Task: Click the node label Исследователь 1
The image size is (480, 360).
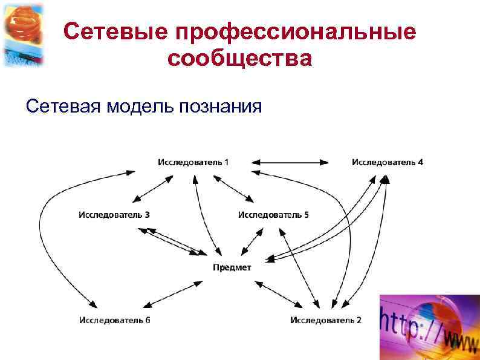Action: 193,162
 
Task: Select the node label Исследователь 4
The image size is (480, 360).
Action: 388,162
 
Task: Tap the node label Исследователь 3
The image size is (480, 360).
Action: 114,215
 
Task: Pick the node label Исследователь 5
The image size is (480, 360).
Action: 273,215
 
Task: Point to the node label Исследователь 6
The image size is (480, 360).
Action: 115,319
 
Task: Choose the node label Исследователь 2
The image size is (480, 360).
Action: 326,319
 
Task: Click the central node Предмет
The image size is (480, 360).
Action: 232,267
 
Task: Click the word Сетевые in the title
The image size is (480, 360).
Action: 114,32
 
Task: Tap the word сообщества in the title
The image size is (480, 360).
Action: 240,59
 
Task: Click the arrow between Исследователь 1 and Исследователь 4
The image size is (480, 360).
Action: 290,162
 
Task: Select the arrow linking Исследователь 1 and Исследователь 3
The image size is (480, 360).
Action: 152,188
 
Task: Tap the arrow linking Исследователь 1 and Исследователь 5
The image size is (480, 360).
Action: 233,188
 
